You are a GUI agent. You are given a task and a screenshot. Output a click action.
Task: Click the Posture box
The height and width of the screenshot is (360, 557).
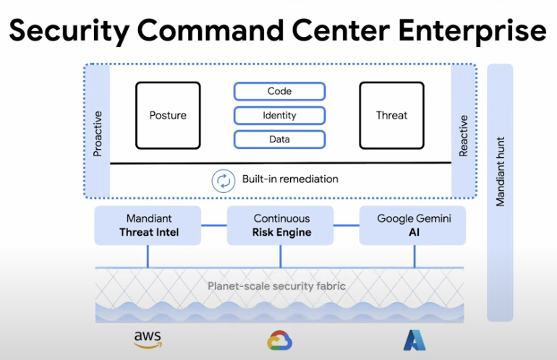click(168, 116)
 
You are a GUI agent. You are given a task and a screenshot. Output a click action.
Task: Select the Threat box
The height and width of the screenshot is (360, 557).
click(391, 116)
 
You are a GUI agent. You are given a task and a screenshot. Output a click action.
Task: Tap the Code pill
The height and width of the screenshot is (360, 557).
click(279, 92)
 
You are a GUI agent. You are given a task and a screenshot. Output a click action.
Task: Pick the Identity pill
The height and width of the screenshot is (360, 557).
click(279, 115)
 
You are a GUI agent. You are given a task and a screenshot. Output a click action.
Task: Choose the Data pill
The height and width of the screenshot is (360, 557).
click(279, 138)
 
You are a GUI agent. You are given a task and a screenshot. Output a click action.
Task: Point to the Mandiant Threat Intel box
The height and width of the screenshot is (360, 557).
click(148, 226)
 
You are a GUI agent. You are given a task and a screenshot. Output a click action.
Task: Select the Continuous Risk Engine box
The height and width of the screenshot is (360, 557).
click(281, 226)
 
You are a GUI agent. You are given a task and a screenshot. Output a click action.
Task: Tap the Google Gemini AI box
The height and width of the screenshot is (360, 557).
click(413, 226)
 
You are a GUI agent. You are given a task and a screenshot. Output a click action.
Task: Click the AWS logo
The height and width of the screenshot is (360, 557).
click(148, 338)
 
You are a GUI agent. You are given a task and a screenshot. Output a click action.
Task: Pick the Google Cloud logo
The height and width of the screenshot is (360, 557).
click(279, 340)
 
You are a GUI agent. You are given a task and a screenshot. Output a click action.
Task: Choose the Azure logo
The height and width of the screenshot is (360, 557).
click(413, 339)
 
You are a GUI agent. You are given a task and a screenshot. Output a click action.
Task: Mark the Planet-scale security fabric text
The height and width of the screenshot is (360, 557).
click(276, 286)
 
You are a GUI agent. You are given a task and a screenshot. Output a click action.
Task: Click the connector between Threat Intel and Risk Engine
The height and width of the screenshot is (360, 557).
click(214, 226)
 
